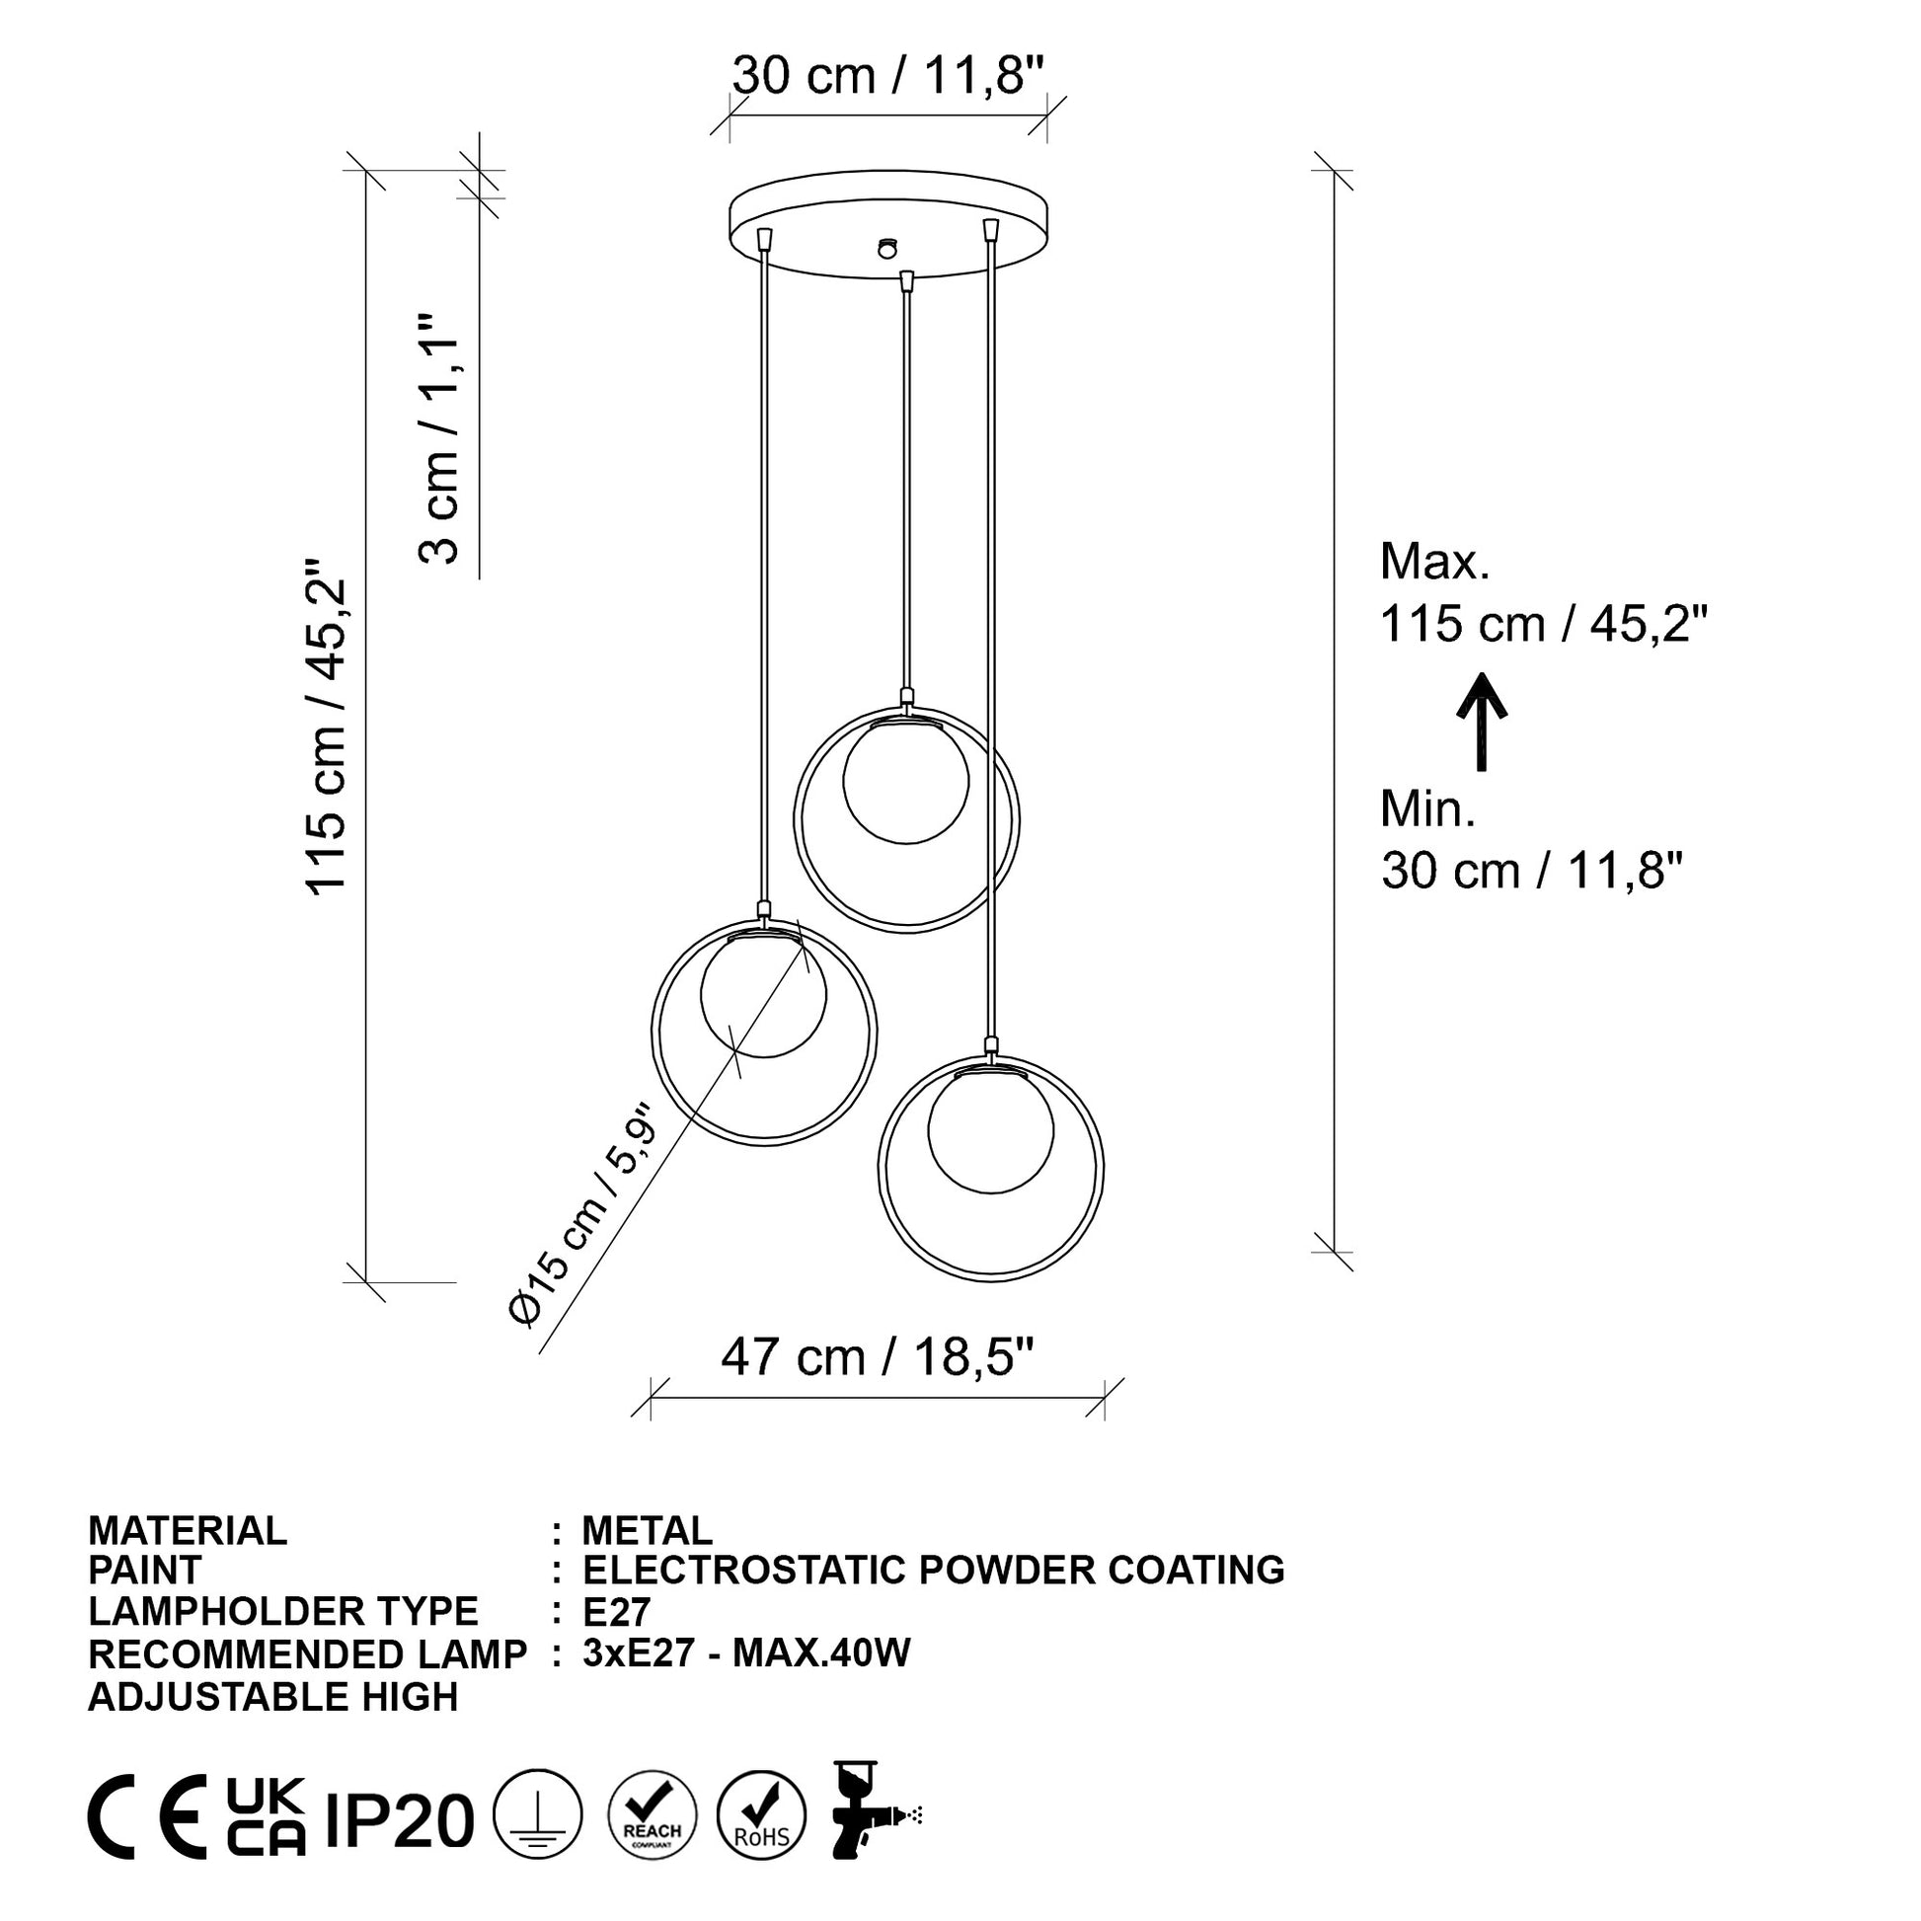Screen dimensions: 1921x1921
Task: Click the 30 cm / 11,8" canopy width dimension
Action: [x=887, y=77]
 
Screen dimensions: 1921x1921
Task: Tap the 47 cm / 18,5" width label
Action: [x=878, y=1357]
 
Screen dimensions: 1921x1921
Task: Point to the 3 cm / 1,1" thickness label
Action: [x=438, y=439]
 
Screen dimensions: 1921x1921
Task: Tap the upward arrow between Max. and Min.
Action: [x=1482, y=721]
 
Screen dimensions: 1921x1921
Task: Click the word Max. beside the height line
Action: [x=1434, y=562]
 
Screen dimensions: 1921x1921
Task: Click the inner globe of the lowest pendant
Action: [x=990, y=1130]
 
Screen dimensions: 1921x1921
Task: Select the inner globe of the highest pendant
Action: [x=905, y=781]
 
